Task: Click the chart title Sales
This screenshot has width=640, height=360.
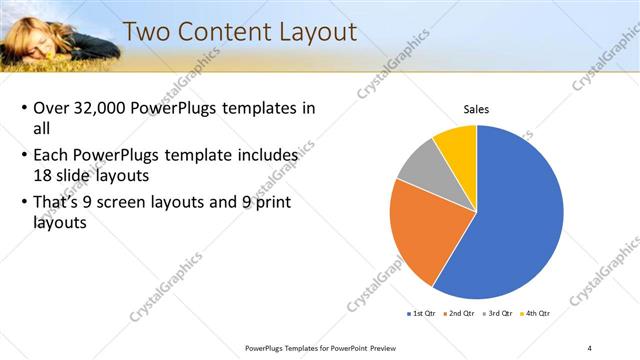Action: pyautogui.click(x=475, y=110)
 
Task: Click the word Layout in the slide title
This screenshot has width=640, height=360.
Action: pyautogui.click(x=311, y=32)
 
